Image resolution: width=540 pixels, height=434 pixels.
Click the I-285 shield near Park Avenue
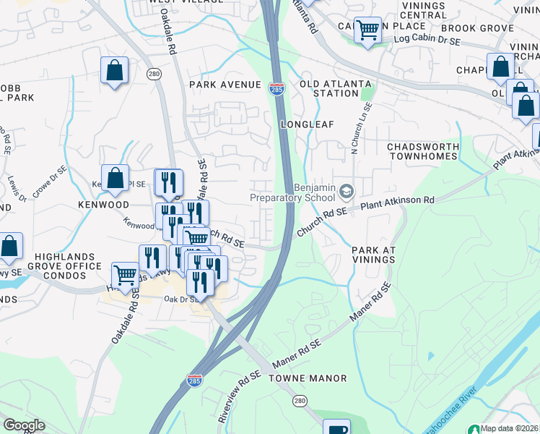pyautogui.click(x=276, y=88)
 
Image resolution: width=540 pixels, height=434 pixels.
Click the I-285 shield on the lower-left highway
pyautogui.click(x=194, y=380)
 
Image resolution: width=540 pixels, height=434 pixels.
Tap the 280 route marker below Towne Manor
pyautogui.click(x=300, y=400)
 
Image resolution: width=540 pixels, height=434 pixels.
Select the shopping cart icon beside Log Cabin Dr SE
pyautogui.click(x=368, y=30)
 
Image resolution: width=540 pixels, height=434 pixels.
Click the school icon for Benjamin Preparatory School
pyautogui.click(x=347, y=191)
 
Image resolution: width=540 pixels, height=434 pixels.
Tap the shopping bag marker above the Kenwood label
pyautogui.click(x=115, y=177)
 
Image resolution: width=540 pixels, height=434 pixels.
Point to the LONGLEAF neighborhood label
pyautogui.click(x=307, y=124)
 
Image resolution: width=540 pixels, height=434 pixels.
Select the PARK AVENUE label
pyautogui.click(x=225, y=85)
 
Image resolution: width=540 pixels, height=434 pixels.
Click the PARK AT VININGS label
pyautogui.click(x=374, y=255)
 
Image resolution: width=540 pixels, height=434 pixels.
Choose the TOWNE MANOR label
pyautogui.click(x=308, y=378)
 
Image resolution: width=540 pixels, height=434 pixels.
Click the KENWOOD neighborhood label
pyautogui.click(x=103, y=205)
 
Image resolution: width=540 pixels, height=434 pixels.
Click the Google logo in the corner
pyautogui.click(x=24, y=425)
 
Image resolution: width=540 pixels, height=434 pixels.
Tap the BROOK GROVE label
pyautogui.click(x=466, y=28)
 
